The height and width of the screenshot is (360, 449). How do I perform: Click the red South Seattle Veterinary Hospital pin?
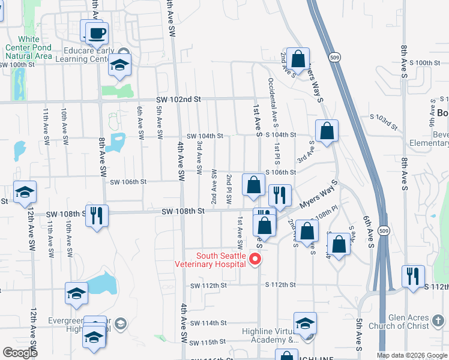[x=255, y=259]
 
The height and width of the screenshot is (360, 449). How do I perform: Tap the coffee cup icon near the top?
[x=96, y=33]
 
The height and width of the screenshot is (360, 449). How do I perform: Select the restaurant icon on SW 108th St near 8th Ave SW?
[x=97, y=215]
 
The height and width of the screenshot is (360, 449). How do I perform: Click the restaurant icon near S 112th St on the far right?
[x=413, y=277]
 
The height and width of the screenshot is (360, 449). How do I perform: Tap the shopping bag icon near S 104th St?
[x=326, y=131]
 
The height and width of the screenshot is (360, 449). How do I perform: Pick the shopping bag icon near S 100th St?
[x=298, y=59]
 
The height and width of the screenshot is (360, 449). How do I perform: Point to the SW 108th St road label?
[x=183, y=211]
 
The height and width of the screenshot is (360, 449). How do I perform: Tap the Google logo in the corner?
[x=20, y=352]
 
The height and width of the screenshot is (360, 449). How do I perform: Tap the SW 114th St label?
[x=207, y=323]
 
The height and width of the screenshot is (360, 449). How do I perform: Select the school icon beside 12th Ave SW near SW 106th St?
[x=25, y=193]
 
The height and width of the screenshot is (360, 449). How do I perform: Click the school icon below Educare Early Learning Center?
[x=119, y=65]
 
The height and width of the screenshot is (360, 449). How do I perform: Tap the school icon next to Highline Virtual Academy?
[x=305, y=324]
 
